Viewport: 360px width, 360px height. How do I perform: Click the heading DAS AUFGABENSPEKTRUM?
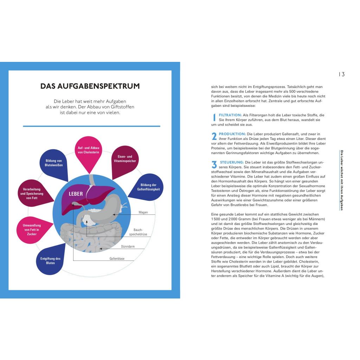90,86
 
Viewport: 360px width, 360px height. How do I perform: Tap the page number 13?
341,74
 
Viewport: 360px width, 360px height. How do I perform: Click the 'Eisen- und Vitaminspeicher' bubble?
125,159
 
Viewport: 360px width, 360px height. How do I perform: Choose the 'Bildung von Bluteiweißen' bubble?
54,163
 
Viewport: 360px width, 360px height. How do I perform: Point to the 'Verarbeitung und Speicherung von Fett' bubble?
32,194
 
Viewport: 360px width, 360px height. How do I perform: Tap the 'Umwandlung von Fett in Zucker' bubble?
32,230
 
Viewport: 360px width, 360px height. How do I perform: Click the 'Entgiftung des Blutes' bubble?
50,261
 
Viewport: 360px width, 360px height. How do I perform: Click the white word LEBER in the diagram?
76,194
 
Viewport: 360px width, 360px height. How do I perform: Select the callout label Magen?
143,212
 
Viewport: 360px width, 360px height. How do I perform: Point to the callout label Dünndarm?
128,246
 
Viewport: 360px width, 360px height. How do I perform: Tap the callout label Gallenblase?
117,259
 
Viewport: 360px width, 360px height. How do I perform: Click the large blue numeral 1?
214,117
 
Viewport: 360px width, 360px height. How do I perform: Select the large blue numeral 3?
214,165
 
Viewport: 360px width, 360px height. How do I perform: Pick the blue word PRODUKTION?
232,134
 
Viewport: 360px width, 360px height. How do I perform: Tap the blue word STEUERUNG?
232,162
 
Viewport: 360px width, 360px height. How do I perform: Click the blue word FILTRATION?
230,115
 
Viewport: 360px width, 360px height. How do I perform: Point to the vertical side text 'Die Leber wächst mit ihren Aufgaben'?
341,180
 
